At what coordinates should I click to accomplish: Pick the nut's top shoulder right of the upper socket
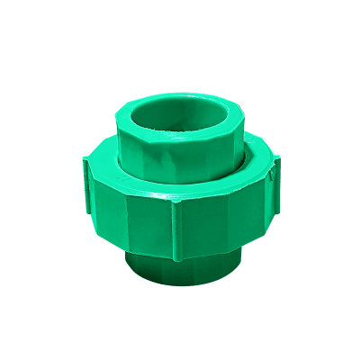[x=256, y=166]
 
